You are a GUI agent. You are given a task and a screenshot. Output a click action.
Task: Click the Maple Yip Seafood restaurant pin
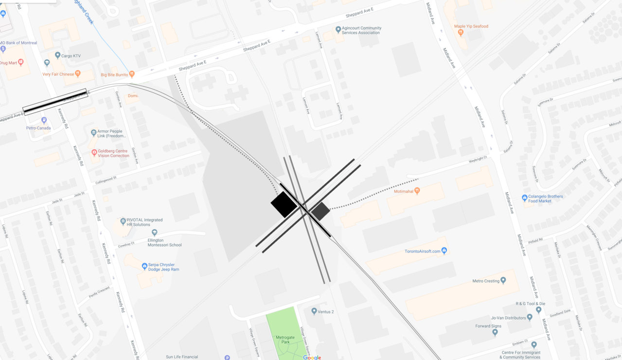(461, 33)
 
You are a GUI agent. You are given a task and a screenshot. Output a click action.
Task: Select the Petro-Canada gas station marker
(44, 120)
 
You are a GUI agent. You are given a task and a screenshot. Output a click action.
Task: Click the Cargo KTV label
(71, 56)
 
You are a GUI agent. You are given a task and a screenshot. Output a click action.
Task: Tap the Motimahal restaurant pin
(417, 191)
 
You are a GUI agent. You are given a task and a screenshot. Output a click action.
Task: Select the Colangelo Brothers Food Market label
(546, 198)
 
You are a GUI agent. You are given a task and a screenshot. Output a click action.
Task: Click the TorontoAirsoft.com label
(422, 252)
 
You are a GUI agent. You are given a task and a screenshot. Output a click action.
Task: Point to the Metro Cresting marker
(503, 280)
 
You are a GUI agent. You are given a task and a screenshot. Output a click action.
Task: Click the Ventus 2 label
(326, 311)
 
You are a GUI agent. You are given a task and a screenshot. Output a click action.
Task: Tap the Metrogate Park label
(285, 340)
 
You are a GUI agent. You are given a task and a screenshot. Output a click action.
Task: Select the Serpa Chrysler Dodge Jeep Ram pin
(144, 266)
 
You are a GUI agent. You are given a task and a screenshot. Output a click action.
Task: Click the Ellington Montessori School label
(164, 242)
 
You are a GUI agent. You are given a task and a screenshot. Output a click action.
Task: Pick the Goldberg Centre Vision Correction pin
(94, 152)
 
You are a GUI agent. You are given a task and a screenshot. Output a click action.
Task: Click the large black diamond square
(284, 204)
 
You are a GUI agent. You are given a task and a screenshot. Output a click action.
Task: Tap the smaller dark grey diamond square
(320, 211)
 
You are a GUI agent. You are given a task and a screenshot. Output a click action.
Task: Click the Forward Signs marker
(495, 333)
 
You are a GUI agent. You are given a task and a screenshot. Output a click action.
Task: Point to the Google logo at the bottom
(312, 358)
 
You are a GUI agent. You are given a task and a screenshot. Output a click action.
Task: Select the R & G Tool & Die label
(530, 304)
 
